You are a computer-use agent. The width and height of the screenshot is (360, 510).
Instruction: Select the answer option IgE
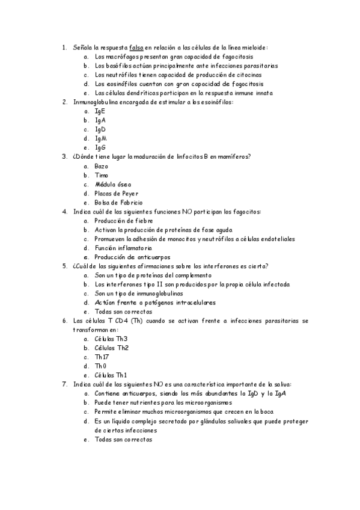(x=100, y=111)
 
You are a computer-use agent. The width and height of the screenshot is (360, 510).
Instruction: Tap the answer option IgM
(x=100, y=138)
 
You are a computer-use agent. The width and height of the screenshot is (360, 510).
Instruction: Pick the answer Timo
(x=102, y=175)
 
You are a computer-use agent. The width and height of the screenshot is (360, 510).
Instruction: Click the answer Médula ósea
(x=112, y=184)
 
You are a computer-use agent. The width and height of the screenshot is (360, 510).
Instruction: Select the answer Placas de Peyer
(x=116, y=193)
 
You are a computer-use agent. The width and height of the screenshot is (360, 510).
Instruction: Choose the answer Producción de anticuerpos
(x=130, y=257)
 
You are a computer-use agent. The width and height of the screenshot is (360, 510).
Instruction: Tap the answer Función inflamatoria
(x=123, y=248)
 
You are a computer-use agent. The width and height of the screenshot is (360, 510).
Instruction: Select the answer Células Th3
(x=111, y=339)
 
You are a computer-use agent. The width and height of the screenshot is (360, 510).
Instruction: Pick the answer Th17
(x=103, y=357)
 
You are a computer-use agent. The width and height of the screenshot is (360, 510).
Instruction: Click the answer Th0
(x=101, y=366)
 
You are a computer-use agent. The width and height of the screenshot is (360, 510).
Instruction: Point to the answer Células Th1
(x=111, y=375)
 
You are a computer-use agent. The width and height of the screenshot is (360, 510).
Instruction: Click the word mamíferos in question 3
(x=229, y=156)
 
